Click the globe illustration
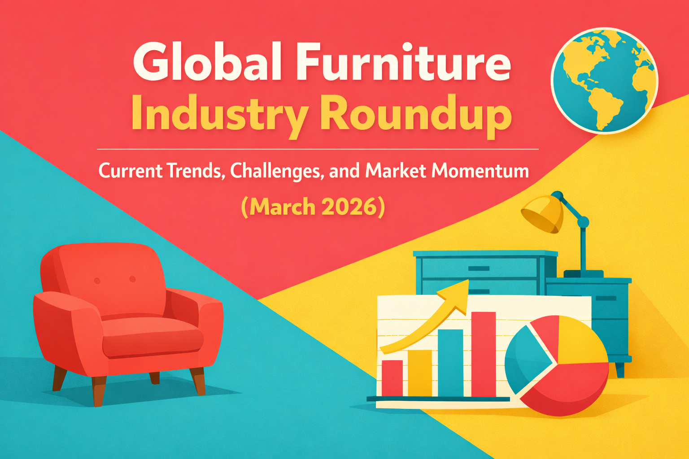604,80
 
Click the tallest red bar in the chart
484,354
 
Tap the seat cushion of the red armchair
153,336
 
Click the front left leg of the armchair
99,390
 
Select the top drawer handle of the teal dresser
478,268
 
